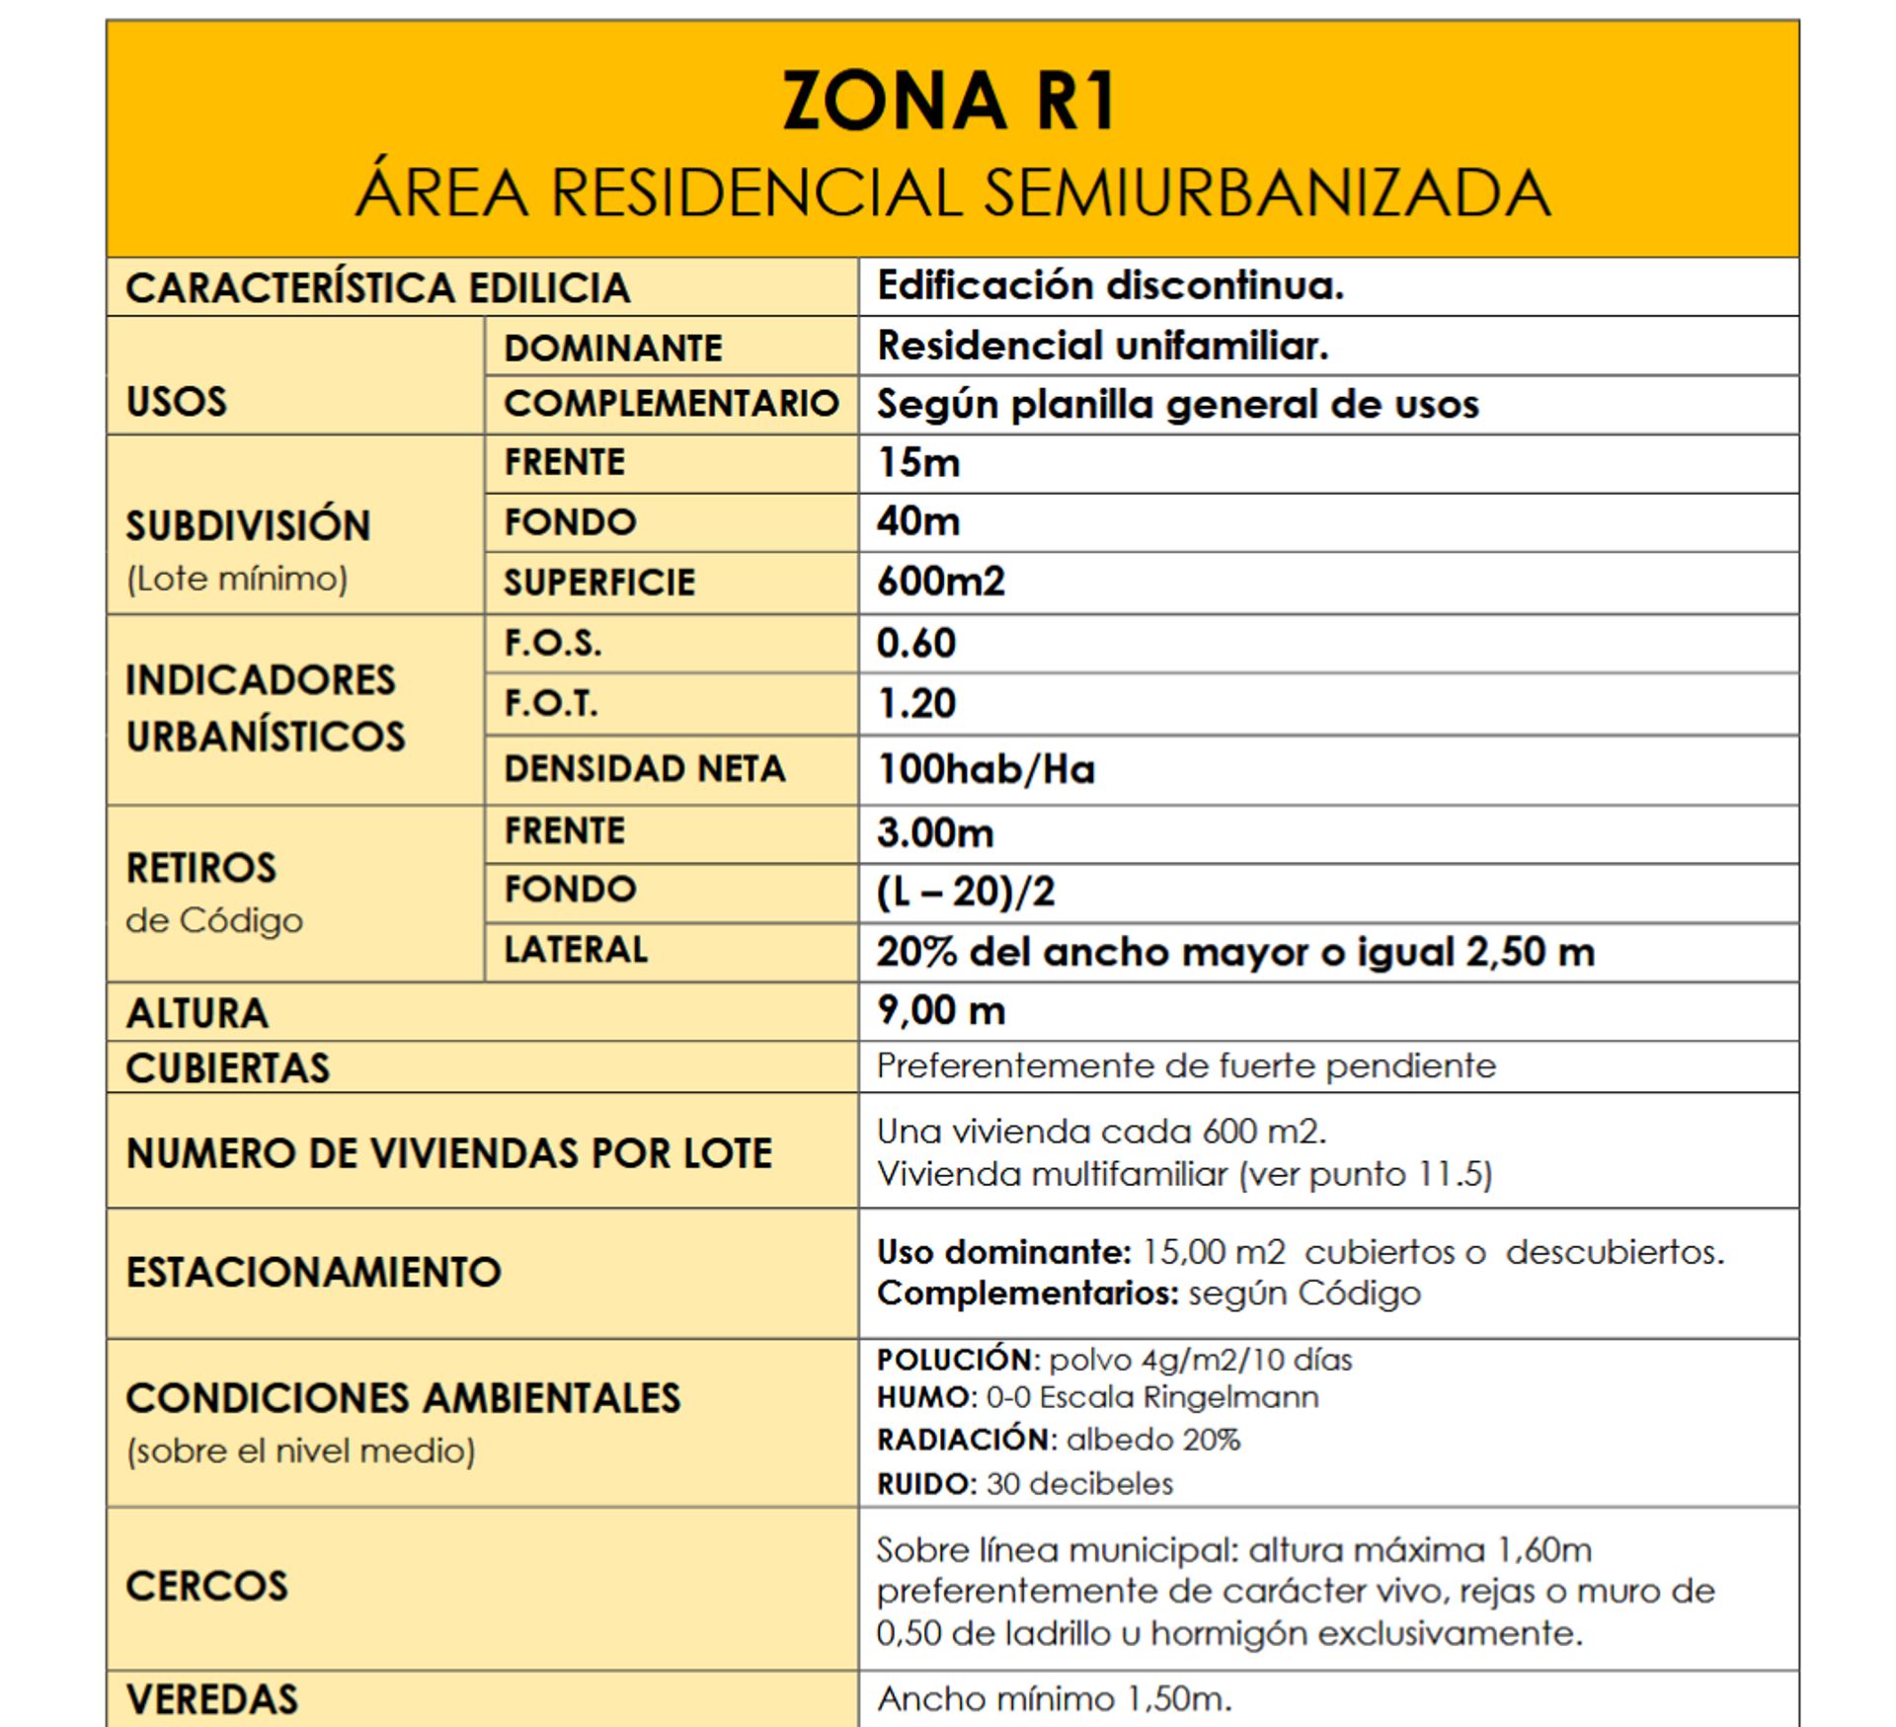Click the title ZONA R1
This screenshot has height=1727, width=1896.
click(949, 101)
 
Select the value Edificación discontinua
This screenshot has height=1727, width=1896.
click(1110, 286)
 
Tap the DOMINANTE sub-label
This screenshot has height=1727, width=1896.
click(612, 348)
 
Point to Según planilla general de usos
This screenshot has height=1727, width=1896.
click(1177, 405)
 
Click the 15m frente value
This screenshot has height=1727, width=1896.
click(918, 463)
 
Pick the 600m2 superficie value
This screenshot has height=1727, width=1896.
click(940, 582)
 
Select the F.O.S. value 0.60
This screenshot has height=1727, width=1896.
click(916, 644)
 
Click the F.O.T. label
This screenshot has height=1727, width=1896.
click(551, 704)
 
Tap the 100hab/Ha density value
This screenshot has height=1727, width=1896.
click(986, 769)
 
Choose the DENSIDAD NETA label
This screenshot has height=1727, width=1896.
click(644, 769)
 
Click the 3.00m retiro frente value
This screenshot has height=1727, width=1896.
click(934, 833)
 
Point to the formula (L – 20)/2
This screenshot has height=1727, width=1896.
click(965, 893)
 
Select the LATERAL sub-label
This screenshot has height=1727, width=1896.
click(576, 950)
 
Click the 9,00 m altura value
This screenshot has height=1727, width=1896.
click(940, 1011)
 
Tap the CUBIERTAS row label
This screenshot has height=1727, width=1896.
click(228, 1068)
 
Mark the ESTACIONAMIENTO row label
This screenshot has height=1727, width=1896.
click(313, 1272)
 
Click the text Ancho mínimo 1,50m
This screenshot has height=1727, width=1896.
click(1054, 1699)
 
